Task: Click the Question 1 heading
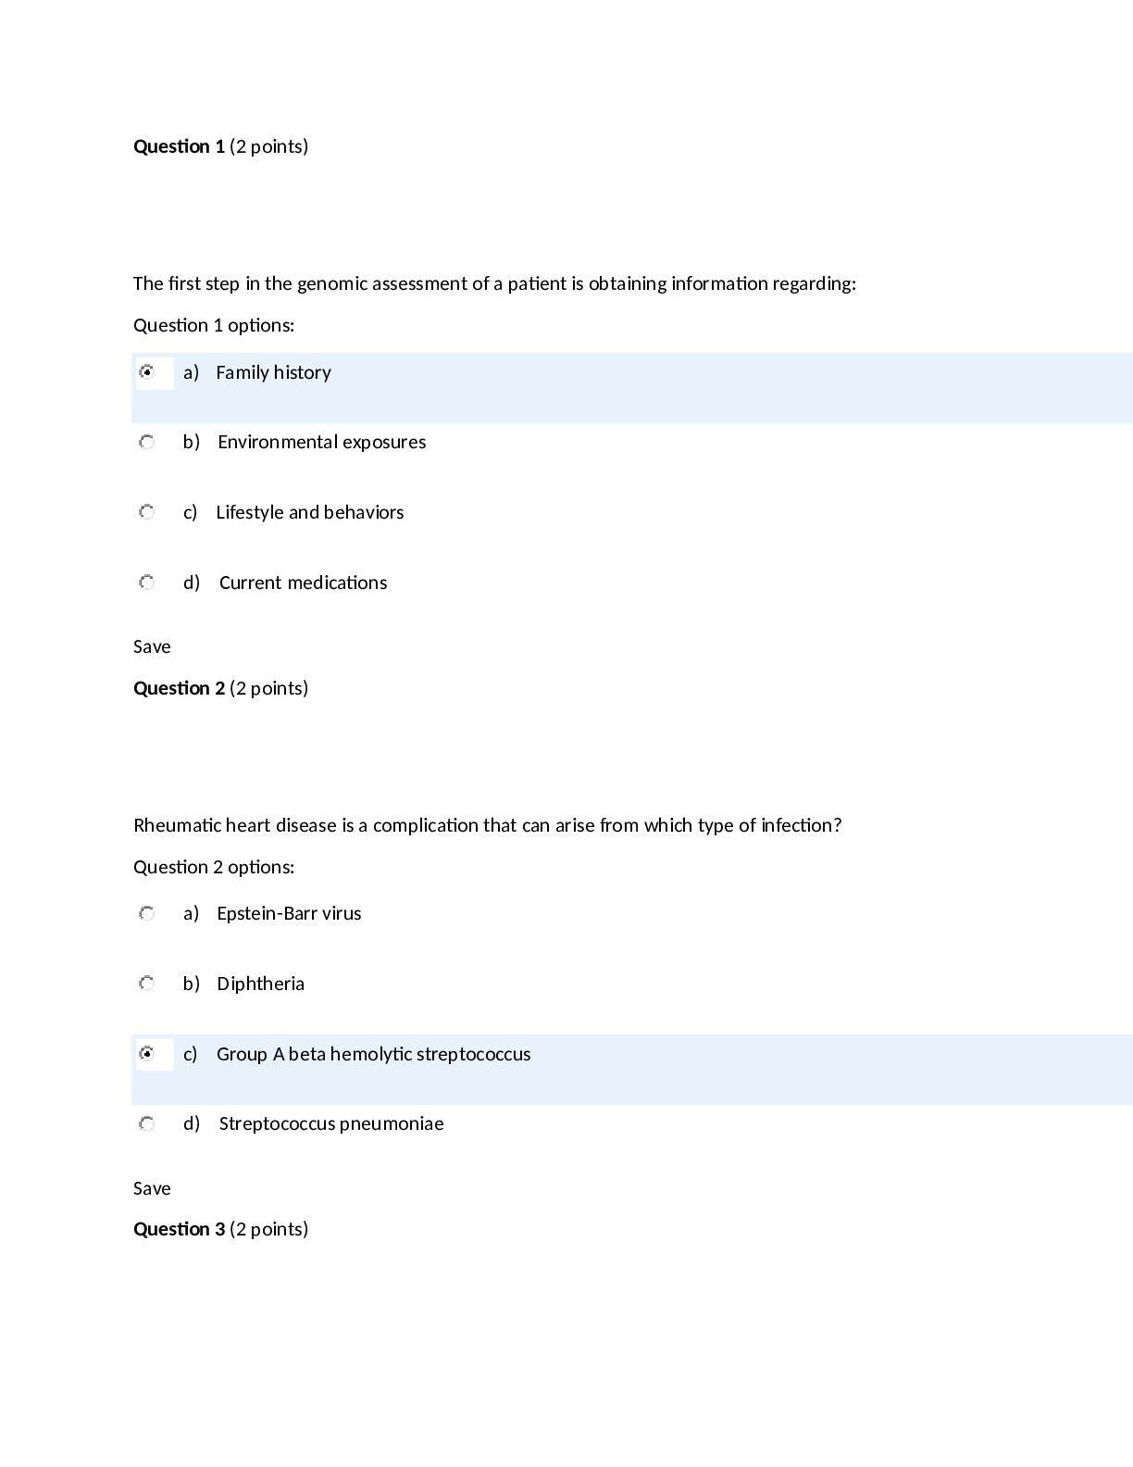[x=179, y=146]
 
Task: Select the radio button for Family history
[x=146, y=372]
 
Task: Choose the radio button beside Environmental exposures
[x=146, y=443]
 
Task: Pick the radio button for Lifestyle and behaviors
[x=146, y=512]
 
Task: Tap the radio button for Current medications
[x=146, y=583]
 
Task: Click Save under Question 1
[x=152, y=646]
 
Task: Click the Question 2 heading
[x=179, y=688]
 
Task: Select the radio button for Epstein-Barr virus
[x=146, y=914]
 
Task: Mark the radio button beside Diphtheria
[x=146, y=984]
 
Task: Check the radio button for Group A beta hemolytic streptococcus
[x=146, y=1054]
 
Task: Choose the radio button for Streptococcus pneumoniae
[x=146, y=1124]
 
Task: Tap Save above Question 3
[x=152, y=1188]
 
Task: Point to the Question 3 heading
[x=179, y=1229]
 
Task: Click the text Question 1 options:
[x=214, y=325]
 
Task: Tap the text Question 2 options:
[x=214, y=867]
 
